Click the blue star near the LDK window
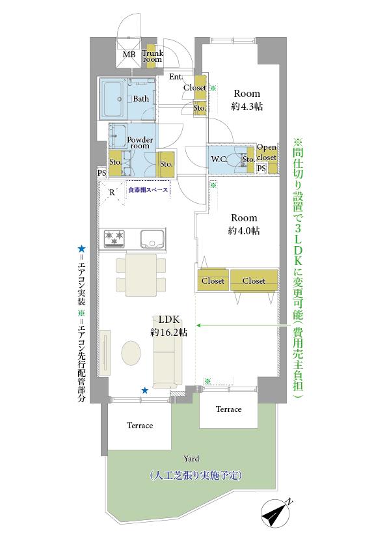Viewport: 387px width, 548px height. pyautogui.click(x=145, y=390)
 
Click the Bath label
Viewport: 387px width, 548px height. pyautogui.click(x=141, y=99)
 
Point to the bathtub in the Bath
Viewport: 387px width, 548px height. pyautogui.click(x=115, y=99)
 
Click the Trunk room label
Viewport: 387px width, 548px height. pyautogui.click(x=152, y=56)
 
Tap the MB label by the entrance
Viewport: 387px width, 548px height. pyautogui.click(x=129, y=55)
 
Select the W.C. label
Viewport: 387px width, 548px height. pyautogui.click(x=219, y=159)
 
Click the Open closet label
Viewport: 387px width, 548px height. pyautogui.click(x=267, y=152)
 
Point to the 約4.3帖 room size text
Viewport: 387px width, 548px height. pyautogui.click(x=247, y=105)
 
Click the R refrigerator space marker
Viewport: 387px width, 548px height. pyautogui.click(x=112, y=193)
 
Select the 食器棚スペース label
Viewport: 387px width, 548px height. pyautogui.click(x=148, y=190)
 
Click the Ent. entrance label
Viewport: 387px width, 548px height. pyautogui.click(x=175, y=77)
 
